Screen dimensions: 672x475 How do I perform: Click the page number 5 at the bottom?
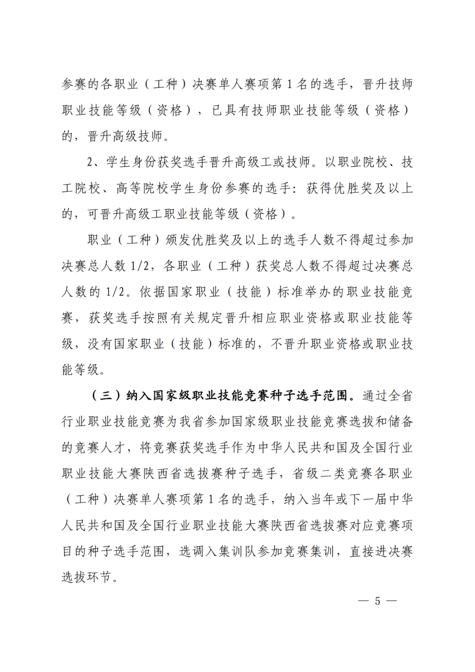click(x=377, y=601)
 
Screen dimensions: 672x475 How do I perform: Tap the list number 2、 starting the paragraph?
click(x=95, y=162)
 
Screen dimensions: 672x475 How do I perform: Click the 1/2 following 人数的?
click(x=116, y=292)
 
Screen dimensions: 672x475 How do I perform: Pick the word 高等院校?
click(x=142, y=188)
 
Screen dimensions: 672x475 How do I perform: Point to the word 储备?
click(x=401, y=421)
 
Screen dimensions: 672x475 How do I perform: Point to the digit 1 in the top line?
click(x=289, y=84)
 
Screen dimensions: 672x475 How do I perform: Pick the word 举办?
click(x=317, y=292)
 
